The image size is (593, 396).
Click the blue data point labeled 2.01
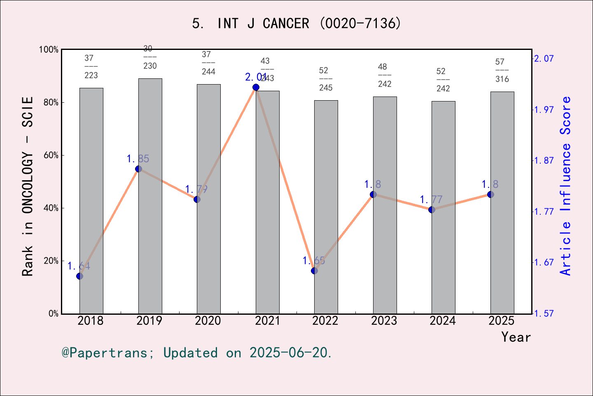256,87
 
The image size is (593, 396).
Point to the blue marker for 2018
80,276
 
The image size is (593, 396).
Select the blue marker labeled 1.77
432,210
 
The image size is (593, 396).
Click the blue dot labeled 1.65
314,271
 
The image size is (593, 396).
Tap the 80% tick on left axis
51,102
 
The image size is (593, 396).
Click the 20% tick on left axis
51,261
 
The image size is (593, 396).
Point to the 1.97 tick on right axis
544,109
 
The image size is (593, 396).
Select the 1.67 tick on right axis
544,262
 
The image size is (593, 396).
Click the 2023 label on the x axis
384,321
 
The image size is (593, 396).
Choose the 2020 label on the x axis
208,321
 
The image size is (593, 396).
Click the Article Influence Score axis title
566,186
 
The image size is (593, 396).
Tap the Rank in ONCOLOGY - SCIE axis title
28,186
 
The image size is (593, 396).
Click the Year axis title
516,337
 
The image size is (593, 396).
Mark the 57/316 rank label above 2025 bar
502,70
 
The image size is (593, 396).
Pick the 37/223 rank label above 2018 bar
91,66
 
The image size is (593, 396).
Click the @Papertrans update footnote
196,353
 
